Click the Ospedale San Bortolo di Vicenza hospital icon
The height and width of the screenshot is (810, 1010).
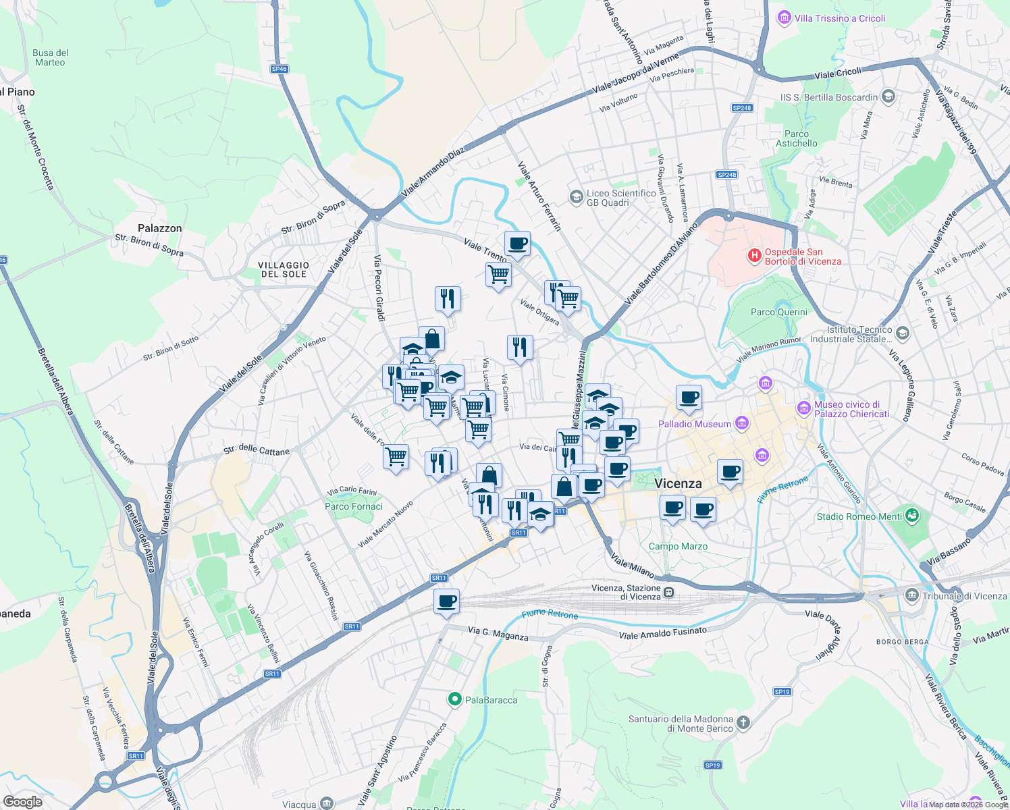(x=754, y=256)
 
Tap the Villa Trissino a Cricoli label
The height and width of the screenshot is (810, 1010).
(x=839, y=18)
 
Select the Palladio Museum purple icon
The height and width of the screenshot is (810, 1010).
(x=742, y=423)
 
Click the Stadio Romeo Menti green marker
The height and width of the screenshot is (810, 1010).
(x=912, y=516)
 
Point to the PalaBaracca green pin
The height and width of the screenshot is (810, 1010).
(x=455, y=700)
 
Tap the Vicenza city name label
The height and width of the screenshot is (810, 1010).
(x=678, y=483)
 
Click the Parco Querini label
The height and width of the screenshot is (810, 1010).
(x=778, y=312)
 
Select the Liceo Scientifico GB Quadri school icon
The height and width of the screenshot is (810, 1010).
(x=576, y=197)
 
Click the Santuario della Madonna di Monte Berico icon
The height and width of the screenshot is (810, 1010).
(x=743, y=723)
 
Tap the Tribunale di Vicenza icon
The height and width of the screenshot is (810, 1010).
(x=912, y=595)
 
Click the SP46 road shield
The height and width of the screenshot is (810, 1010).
(x=279, y=69)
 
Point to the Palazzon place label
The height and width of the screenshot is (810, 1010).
(x=160, y=228)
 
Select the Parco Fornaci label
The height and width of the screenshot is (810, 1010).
(x=354, y=506)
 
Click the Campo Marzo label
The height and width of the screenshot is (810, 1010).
(x=678, y=546)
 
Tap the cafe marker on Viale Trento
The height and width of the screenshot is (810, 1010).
(x=517, y=244)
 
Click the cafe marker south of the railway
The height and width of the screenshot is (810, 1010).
(x=446, y=601)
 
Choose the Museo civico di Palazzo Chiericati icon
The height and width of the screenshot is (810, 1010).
(x=803, y=408)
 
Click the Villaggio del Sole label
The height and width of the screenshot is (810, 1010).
(x=284, y=269)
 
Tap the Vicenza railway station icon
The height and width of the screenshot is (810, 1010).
(x=668, y=593)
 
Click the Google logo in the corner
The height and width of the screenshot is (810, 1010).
(x=22, y=802)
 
